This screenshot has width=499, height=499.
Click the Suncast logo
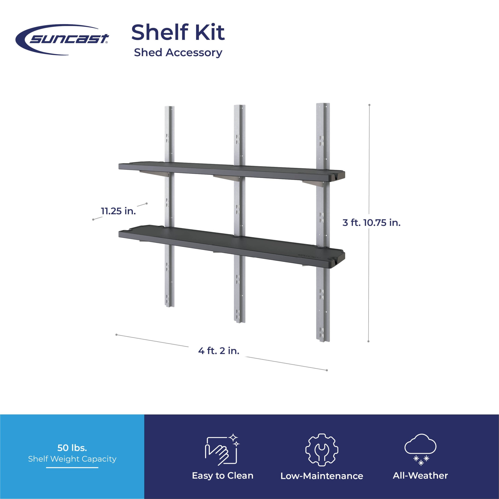pyautogui.click(x=62, y=40)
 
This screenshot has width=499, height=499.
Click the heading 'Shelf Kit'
pyautogui.click(x=178, y=32)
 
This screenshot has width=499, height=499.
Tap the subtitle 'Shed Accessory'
pyautogui.click(x=178, y=52)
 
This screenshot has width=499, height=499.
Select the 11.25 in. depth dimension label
pyautogui.click(x=118, y=211)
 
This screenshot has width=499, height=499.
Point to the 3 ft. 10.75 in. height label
pyautogui.click(x=371, y=222)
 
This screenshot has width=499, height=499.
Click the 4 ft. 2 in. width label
pyautogui.click(x=219, y=350)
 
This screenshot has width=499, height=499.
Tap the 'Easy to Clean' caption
pyautogui.click(x=222, y=476)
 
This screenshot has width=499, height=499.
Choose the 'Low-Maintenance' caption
pyautogui.click(x=322, y=476)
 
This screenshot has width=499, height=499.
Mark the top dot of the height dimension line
pyautogui.click(x=369, y=105)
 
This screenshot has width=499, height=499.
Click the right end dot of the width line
pyautogui.click(x=327, y=370)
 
